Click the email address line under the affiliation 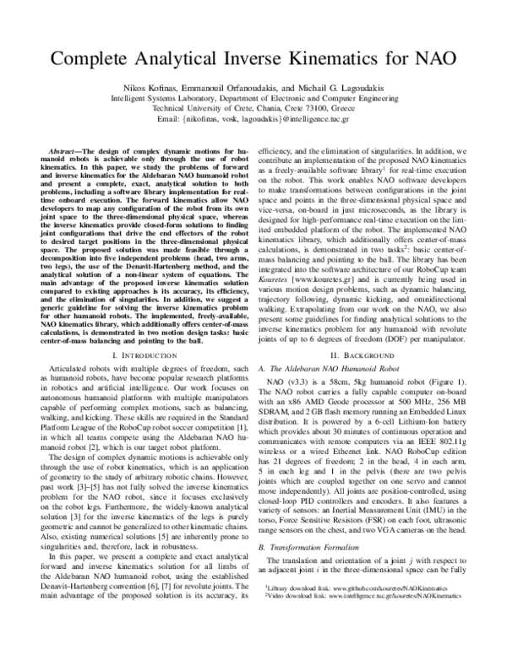(253, 120)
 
